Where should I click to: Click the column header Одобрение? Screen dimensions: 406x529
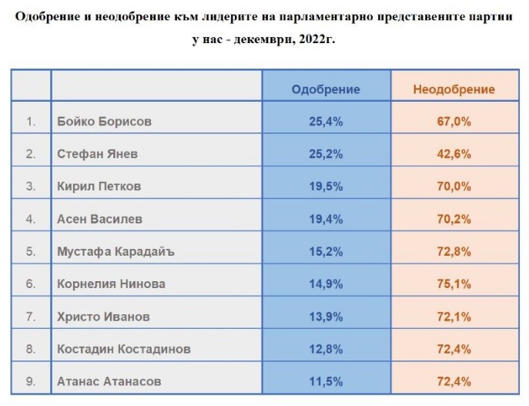(326, 89)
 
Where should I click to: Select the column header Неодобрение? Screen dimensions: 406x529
(454, 89)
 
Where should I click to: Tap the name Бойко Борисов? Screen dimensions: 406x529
(104, 122)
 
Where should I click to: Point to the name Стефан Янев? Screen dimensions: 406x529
(97, 154)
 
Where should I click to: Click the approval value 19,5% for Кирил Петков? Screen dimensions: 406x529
(326, 186)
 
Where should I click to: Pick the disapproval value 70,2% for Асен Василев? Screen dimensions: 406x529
(454, 219)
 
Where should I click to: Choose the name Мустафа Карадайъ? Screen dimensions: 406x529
(112, 251)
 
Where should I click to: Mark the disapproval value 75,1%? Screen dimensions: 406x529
(454, 284)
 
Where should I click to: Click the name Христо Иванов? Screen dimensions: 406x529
(103, 317)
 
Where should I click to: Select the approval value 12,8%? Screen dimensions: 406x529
(326, 349)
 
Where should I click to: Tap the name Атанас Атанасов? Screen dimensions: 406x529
(108, 381)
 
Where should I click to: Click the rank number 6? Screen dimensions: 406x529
(31, 284)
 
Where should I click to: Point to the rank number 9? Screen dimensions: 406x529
(31, 381)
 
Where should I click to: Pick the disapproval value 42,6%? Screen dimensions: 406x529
(454, 154)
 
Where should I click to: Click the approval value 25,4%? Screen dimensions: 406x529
(326, 122)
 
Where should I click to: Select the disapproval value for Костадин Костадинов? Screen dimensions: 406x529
(454, 349)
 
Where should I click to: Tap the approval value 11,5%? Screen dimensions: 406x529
(326, 381)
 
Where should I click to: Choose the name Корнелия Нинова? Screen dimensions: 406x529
(111, 284)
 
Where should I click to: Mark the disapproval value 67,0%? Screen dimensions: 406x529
(454, 122)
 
